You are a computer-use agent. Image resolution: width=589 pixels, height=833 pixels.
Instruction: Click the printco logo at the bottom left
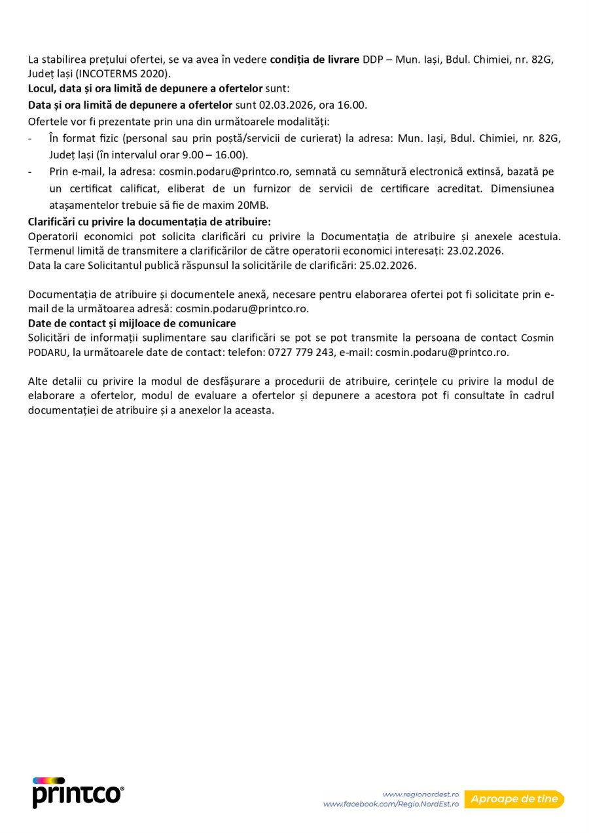[x=77, y=792]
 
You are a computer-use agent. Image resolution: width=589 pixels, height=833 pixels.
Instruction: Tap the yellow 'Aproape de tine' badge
[x=514, y=799]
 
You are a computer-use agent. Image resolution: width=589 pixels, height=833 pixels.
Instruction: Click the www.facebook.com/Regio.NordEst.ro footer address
[x=391, y=804]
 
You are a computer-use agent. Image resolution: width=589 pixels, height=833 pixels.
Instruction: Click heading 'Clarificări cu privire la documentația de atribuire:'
[x=149, y=221]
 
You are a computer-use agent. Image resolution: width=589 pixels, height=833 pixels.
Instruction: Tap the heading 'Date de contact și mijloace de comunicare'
[x=132, y=323]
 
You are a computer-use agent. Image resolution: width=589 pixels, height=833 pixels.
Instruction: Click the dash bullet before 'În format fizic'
[x=31, y=139]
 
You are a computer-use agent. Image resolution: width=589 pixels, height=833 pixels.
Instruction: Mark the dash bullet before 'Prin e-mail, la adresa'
[x=31, y=171]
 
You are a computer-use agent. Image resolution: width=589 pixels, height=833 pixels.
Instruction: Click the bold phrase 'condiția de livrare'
[x=315, y=60]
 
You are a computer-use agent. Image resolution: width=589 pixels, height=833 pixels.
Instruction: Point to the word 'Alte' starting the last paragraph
[x=39, y=381]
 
